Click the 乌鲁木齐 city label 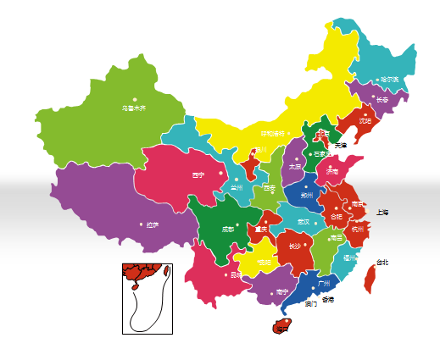point(134,108)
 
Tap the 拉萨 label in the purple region point(153,224)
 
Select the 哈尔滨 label point(390,80)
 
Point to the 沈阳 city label point(365,120)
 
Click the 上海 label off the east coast point(382,212)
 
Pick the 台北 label point(382,262)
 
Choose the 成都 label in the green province point(228,229)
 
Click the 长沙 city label point(295,246)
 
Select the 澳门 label point(310,303)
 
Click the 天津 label point(342,146)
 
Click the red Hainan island point(278,325)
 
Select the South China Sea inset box point(148,297)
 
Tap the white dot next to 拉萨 point(142,224)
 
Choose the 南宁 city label point(282,291)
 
